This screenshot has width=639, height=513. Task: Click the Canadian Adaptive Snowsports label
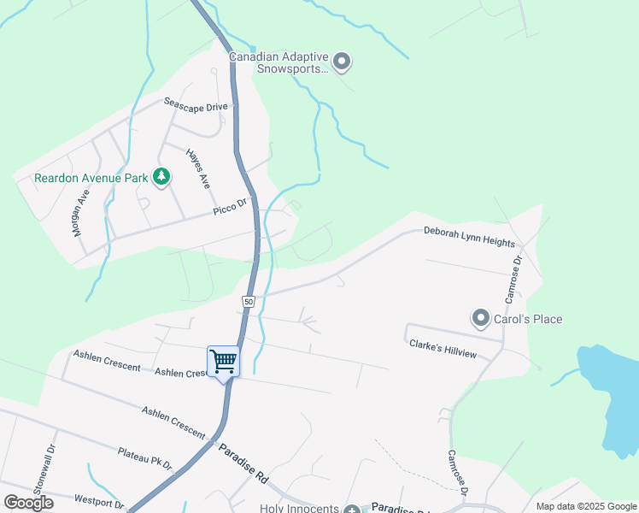click(x=278, y=62)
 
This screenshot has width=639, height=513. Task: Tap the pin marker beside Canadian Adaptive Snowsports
click(x=342, y=61)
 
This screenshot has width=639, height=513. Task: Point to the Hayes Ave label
click(x=198, y=167)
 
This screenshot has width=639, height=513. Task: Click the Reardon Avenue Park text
click(x=81, y=178)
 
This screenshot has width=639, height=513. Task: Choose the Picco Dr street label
click(x=229, y=205)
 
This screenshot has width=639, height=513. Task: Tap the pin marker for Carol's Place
click(x=480, y=319)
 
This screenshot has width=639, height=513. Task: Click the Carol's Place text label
click(x=529, y=319)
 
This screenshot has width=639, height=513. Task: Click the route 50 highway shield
click(x=248, y=302)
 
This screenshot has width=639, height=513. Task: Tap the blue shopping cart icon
click(x=223, y=361)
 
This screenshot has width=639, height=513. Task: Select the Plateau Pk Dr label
click(x=145, y=459)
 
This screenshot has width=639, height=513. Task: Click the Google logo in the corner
click(x=28, y=502)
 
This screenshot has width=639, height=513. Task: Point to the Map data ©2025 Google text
click(x=586, y=506)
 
